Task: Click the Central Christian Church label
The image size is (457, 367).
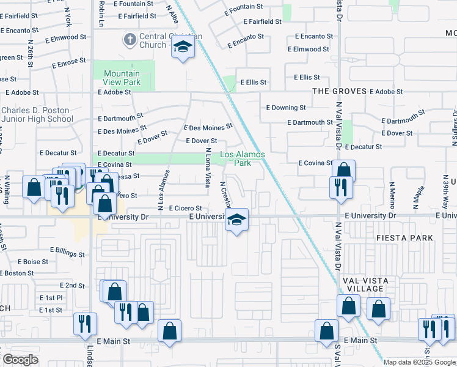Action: (152, 40)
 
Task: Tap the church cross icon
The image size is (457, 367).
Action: (129, 40)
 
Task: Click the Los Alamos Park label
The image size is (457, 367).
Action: (243, 159)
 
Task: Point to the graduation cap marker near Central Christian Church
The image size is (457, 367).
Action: (182, 47)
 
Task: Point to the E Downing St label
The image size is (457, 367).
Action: (286, 108)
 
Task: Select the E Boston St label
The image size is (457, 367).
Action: (17, 273)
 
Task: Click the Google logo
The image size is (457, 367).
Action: (20, 360)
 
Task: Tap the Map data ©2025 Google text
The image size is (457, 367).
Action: (419, 362)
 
